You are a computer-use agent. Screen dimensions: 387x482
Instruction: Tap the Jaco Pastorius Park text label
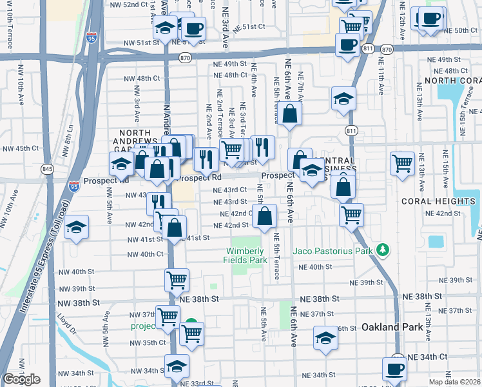pos(333,250)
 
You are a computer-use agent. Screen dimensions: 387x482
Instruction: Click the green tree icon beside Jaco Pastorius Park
pos(383,249)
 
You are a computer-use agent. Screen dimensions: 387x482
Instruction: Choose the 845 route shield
pos(48,169)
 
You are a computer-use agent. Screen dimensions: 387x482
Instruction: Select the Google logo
pos(21,379)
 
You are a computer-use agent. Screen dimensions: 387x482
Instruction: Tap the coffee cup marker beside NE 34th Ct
pos(394,370)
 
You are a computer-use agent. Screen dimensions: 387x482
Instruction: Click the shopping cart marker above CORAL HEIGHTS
pos(402,162)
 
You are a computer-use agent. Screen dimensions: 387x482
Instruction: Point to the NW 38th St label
pos(79,302)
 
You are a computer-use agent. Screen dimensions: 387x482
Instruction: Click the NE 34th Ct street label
pos(430,357)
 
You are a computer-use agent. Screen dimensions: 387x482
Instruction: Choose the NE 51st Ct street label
pos(249,27)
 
